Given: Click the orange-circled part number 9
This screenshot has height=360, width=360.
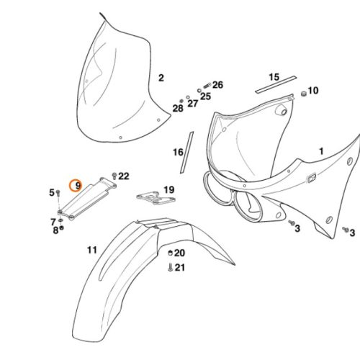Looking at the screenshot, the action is (78, 186).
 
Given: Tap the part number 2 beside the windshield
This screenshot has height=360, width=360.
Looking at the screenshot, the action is (161, 78).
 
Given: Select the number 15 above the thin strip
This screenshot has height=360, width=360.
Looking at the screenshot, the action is (274, 77).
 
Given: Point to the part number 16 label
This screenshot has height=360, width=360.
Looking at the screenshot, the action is (178, 152).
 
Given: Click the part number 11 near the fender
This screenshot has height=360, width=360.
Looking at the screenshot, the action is (92, 250).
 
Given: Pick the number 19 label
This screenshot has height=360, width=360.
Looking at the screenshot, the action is (169, 190).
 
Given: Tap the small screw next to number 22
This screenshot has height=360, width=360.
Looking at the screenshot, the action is (114, 176).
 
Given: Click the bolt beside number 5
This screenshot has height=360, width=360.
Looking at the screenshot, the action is (58, 193).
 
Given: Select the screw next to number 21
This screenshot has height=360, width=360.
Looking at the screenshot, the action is (171, 267).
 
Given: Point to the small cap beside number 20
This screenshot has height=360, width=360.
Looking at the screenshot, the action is (170, 253).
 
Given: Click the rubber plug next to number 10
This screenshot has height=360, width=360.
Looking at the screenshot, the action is (304, 94).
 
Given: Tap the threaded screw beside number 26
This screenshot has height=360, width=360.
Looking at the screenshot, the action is (207, 85).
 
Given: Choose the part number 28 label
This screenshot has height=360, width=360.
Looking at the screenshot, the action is (178, 109).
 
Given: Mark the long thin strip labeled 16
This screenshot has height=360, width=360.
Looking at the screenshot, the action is (186, 153).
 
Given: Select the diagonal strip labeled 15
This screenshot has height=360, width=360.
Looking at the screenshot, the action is (276, 84).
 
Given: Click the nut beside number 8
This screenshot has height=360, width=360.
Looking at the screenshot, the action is (61, 228).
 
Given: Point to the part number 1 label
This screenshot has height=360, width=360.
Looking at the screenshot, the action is (321, 151).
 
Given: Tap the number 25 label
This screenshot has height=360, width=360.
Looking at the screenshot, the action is (205, 96).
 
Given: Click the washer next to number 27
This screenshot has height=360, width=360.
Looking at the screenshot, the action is (188, 97).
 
